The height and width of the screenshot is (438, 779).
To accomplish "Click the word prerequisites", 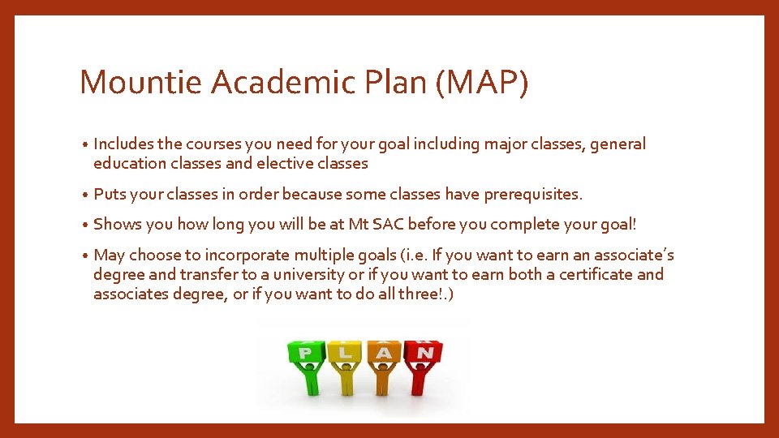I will (x=532, y=195).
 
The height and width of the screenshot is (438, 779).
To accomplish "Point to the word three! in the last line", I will (x=420, y=294).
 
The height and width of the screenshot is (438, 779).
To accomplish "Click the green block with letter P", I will (x=305, y=350).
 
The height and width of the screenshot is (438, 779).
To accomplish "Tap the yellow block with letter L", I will (x=345, y=350).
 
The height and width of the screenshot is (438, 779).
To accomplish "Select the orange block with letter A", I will (x=383, y=350).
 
